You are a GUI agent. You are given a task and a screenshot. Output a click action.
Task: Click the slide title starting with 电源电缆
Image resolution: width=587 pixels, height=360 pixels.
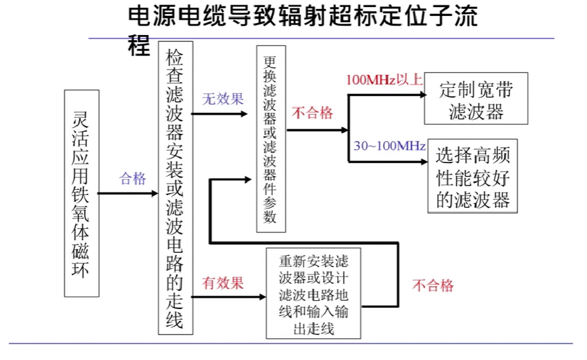point(302,17)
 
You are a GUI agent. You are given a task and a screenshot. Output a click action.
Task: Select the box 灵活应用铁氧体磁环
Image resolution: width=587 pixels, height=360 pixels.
point(82,193)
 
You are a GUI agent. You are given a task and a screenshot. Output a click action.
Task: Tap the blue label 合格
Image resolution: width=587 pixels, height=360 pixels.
point(133,178)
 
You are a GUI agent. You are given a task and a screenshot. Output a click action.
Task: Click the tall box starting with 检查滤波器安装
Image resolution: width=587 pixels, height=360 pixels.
point(175,188)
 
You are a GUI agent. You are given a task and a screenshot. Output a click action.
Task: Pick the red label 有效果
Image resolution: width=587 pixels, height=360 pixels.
point(223,283)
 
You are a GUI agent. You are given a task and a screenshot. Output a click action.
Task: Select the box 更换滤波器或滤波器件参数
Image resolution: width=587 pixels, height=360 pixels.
point(270,138)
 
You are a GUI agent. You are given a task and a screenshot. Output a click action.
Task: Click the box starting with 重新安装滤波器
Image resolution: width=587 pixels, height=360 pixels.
point(313,294)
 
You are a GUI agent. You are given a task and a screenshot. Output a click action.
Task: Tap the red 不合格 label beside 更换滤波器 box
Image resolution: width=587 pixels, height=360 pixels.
point(312,113)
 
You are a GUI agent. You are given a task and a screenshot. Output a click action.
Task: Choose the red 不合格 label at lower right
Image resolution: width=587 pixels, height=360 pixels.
point(433,285)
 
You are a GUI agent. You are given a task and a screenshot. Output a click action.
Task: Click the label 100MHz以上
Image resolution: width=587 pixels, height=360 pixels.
point(384,80)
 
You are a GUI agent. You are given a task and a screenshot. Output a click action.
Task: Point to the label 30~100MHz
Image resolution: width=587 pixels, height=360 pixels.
point(389,146)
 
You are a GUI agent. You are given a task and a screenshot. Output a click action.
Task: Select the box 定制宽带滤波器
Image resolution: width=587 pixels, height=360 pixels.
point(475,101)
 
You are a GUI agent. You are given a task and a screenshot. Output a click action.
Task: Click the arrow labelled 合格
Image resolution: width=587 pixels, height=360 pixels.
point(127,192)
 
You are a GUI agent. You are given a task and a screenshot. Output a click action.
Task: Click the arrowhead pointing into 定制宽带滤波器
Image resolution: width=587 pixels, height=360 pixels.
point(421,95)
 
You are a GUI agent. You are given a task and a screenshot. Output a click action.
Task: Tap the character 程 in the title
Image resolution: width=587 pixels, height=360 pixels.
point(138,46)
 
